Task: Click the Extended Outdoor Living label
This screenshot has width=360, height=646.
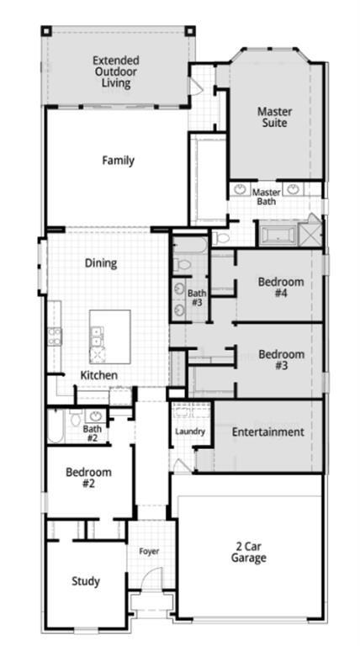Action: pyautogui.click(x=116, y=71)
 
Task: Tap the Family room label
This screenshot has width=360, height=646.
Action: pyautogui.click(x=119, y=160)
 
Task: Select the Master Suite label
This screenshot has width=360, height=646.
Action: pyautogui.click(x=275, y=117)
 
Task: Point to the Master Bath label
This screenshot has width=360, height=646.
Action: pyautogui.click(x=267, y=197)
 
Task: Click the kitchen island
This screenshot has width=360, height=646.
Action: pyautogui.click(x=110, y=336)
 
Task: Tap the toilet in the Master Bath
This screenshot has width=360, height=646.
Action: pyautogui.click(x=220, y=238)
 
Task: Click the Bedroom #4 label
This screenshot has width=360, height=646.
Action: pyautogui.click(x=281, y=288)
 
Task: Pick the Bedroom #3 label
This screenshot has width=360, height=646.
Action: pyautogui.click(x=281, y=360)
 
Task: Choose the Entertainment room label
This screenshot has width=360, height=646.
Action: pyautogui.click(x=267, y=432)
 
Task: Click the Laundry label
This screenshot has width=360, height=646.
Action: pyautogui.click(x=190, y=432)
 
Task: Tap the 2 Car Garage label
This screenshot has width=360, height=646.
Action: pyautogui.click(x=248, y=552)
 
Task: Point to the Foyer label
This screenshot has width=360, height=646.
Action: pyautogui.click(x=149, y=551)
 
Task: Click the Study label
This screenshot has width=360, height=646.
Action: pyautogui.click(x=86, y=581)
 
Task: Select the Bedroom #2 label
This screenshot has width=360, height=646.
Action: pyautogui.click(x=88, y=477)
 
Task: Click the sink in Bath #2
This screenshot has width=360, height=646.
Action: pyautogui.click(x=96, y=416)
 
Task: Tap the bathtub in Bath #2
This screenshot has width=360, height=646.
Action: pyautogui.click(x=55, y=426)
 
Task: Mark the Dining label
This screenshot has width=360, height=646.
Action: pyautogui.click(x=101, y=262)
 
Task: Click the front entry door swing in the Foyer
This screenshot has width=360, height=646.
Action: pyautogui.click(x=151, y=579)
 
